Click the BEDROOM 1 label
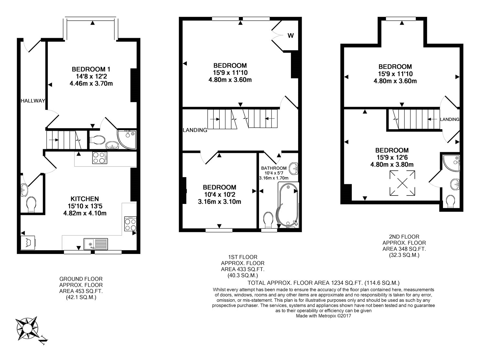pyautogui.click(x=91, y=69)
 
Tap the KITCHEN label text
pyautogui.click(x=85, y=199)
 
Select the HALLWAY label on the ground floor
pyautogui.click(x=33, y=101)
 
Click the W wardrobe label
pyautogui.click(x=291, y=36)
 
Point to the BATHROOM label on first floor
pyautogui.click(x=274, y=168)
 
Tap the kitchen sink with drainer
pyautogui.click(x=96, y=244)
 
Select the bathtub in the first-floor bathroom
pyautogui.click(x=287, y=206)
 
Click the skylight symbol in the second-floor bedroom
pyautogui.click(x=402, y=183)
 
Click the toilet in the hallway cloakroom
pyautogui.click(x=31, y=205)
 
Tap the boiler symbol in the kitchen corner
pyautogui.click(x=28, y=242)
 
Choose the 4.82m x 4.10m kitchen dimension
pyautogui.click(x=85, y=213)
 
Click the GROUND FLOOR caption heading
pyautogui.click(x=81, y=279)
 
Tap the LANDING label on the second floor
pyautogui.click(x=449, y=119)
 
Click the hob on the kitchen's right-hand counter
pyautogui.click(x=130, y=224)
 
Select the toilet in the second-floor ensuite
pyautogui.click(x=450, y=201)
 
